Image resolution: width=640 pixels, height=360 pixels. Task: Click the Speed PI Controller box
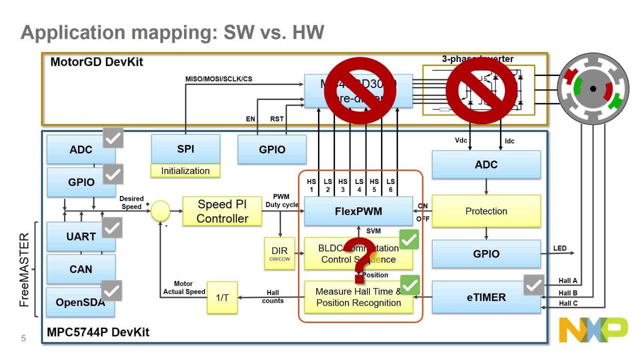tap(222, 211)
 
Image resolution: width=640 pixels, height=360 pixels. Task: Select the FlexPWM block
tap(358, 211)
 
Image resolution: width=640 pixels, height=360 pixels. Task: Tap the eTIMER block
tap(486, 297)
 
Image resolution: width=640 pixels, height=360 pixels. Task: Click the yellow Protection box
tap(486, 211)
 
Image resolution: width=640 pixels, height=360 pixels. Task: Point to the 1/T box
tap(222, 297)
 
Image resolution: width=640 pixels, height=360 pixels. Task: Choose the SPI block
tap(185, 148)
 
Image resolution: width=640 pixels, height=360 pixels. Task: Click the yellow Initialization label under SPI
tap(185, 171)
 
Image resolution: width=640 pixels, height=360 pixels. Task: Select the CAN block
tap(80, 269)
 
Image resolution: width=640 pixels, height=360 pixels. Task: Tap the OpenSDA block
tap(80, 302)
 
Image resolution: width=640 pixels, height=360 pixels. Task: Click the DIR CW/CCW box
tap(280, 253)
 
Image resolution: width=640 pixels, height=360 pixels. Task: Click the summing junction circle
tap(160, 211)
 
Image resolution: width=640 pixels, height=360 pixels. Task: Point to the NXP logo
tap(593, 330)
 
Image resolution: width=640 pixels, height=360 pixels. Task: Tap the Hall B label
tap(568, 293)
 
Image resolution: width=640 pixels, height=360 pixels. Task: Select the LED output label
tap(560, 248)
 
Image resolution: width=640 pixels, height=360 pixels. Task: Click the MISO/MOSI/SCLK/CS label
tap(218, 79)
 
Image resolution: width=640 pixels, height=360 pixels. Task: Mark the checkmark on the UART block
tap(112, 228)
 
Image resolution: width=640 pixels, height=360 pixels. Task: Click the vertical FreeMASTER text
tap(24, 270)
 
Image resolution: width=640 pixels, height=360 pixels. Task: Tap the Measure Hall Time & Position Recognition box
tap(358, 297)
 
